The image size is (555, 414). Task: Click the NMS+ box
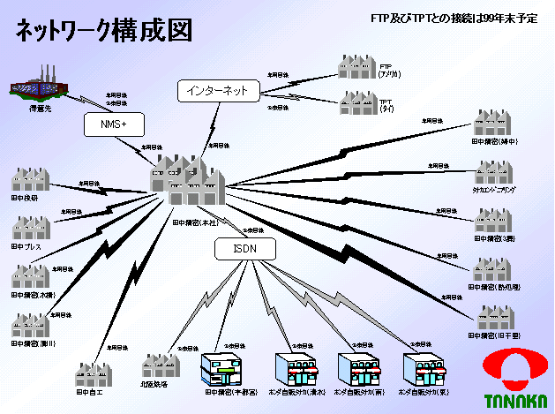113,125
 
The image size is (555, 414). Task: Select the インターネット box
218,90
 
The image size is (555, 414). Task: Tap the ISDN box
245,249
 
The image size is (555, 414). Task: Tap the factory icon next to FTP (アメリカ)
356,68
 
